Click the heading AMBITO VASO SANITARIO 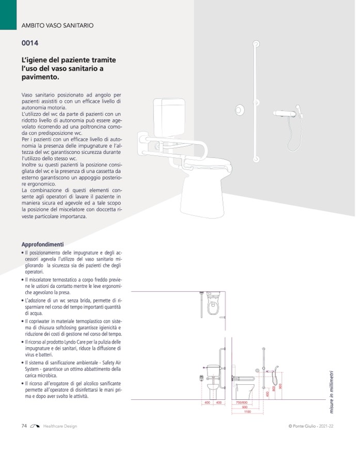coord(57,25)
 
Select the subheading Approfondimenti coord(42,244)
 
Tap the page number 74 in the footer coord(24,426)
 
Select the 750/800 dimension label coord(242,402)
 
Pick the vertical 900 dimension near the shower coord(280,386)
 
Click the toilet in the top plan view coord(213,305)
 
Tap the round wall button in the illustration coord(240,110)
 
